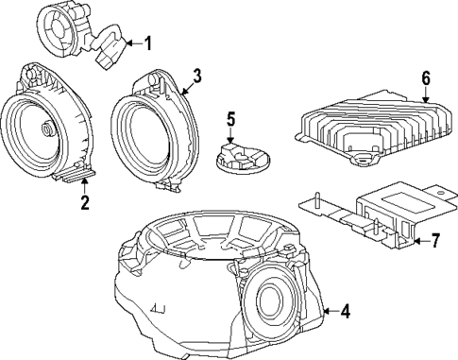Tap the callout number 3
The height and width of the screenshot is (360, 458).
click(196, 74)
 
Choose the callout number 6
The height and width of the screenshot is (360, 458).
click(425, 77)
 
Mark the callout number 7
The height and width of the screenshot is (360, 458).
click(435, 241)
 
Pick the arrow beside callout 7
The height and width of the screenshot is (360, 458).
click(419, 241)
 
